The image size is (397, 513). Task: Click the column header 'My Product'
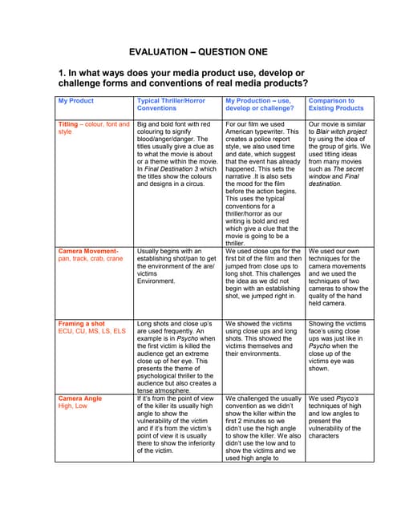click(76, 101)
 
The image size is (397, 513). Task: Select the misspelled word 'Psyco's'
click(348, 398)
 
